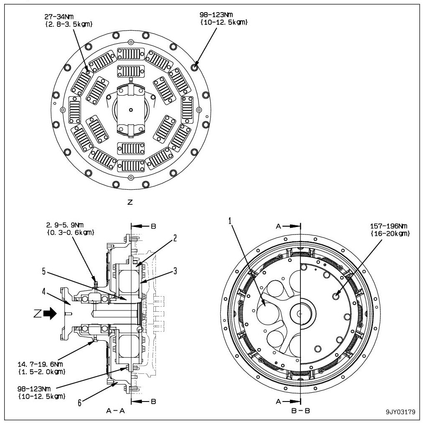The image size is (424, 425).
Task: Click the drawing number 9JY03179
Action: pos(400,412)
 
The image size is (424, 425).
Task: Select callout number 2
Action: pos(175,238)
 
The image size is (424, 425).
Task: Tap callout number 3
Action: pos(175,271)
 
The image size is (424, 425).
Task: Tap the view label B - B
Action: pos(301,412)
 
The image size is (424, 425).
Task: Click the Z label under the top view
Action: pos(130,202)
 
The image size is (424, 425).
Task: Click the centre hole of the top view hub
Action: pos(131,110)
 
